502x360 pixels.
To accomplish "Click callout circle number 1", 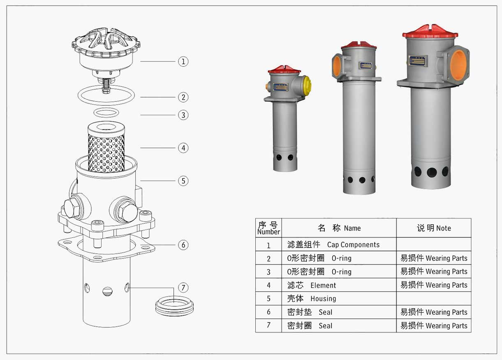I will pos(183,62).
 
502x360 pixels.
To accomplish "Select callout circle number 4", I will pos(183,147).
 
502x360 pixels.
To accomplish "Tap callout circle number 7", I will pos(183,287).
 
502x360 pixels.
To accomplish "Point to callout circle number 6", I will pos(183,245).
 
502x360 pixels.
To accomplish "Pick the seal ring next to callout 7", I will pos(174,305).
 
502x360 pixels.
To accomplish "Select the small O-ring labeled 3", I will pos(106,112).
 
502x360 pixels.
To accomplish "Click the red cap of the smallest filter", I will pos(284,69).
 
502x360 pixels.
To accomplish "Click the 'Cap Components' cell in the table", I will pos(339,244).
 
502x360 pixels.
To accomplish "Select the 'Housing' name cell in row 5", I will pos(339,298).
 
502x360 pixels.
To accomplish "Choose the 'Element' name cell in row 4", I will pos(339,285).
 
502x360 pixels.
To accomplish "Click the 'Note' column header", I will pos(434,228).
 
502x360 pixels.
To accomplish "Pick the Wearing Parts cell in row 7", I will pos(434,325).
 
